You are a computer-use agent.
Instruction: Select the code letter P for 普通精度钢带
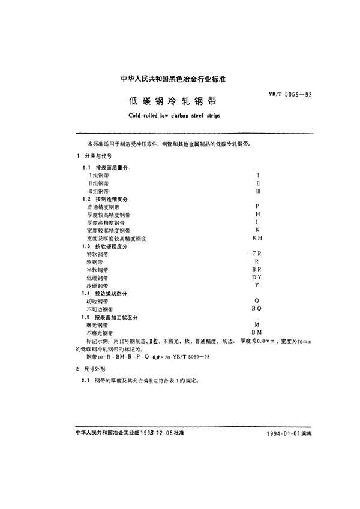point(257,206)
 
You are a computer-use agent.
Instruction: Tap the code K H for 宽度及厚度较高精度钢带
point(257,238)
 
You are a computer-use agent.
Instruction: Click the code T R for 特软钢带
point(257,254)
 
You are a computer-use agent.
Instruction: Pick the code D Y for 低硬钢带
point(257,278)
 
